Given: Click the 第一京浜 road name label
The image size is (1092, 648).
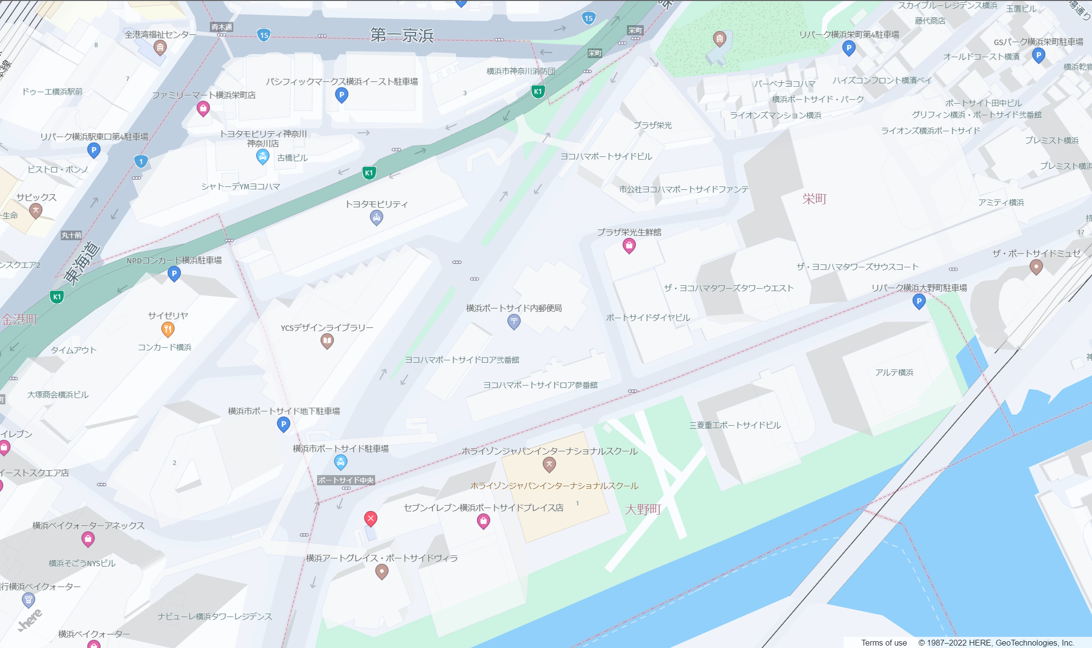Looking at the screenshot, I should point(402,35).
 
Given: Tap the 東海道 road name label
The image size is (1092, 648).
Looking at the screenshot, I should point(82,262).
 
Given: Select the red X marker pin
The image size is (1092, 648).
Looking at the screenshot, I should point(371,519).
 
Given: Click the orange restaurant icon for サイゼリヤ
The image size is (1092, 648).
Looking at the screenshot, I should point(167,329).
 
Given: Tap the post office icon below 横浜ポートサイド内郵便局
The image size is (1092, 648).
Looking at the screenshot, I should point(514,321).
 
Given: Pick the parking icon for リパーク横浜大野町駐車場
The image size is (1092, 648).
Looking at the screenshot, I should point(919,301).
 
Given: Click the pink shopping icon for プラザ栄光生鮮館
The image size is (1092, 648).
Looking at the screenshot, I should point(629,246).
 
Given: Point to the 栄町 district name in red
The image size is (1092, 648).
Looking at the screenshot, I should point(815,199).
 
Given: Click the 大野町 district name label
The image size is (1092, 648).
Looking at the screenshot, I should point(643,509).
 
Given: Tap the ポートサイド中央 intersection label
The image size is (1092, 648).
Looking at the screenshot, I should point(346,480).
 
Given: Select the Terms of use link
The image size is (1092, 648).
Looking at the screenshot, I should point(884,643).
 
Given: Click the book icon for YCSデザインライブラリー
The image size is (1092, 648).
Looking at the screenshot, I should point(327,341).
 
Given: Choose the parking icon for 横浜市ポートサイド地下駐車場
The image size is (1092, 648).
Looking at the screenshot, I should point(283,425).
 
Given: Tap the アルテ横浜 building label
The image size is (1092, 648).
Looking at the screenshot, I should point(894,372).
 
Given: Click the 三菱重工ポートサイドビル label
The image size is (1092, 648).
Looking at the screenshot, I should point(735,425).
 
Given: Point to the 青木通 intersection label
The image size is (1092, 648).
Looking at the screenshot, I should point(222,27).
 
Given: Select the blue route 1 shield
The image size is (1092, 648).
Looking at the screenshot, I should point(141,161).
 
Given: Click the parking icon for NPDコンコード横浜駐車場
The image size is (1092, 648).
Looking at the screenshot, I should point(174,274).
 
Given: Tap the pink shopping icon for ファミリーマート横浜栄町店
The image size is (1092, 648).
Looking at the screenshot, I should point(203,108).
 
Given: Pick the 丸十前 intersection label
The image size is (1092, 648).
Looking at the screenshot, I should point(72,235).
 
